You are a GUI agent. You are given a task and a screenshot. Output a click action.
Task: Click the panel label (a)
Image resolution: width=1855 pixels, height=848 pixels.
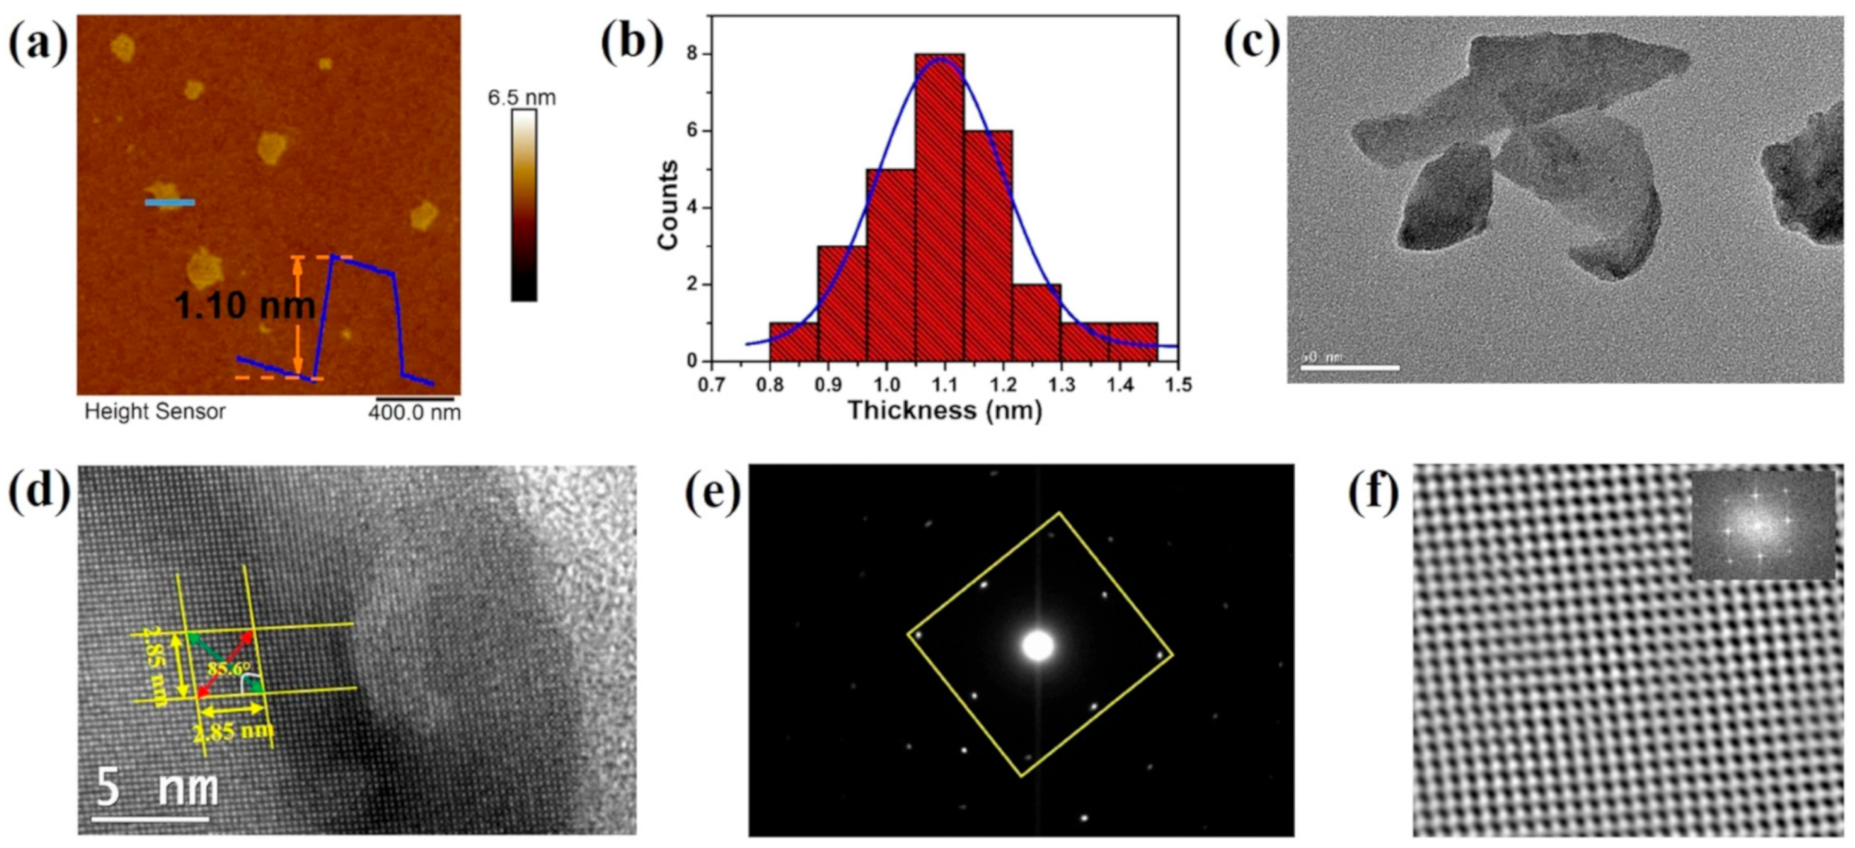point(38,43)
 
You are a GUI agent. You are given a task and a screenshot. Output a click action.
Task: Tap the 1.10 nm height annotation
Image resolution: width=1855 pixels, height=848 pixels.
point(244,305)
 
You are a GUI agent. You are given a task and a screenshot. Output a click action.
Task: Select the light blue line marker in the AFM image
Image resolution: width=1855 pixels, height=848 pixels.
point(170,201)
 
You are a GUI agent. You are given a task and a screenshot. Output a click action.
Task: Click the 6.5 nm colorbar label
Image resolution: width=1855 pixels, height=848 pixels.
point(521,97)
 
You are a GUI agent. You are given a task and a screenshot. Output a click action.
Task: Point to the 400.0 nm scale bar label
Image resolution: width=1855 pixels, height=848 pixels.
point(414,413)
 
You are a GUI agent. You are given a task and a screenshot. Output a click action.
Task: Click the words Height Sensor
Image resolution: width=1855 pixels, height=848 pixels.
point(155,412)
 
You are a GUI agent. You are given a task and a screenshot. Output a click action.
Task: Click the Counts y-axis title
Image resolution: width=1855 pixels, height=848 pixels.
point(668,205)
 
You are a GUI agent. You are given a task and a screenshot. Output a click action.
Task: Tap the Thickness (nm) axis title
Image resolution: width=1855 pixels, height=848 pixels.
point(944,411)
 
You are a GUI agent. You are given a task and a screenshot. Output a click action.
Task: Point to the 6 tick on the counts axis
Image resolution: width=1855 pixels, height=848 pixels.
point(692,131)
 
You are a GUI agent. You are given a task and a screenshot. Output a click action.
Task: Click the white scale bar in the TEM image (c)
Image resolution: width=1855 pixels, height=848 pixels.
point(1350,368)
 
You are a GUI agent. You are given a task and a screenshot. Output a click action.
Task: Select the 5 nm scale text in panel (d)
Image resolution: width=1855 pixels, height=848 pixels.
point(158,787)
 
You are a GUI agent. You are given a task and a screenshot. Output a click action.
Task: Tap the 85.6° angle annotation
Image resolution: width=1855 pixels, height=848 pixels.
point(228,669)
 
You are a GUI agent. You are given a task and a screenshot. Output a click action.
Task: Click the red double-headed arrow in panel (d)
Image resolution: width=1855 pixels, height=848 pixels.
point(224,662)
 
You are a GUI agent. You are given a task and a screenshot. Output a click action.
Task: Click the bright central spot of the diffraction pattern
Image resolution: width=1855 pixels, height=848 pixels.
point(1038,646)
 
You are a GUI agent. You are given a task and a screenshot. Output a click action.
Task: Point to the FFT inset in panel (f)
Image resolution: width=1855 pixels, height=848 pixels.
point(1761,526)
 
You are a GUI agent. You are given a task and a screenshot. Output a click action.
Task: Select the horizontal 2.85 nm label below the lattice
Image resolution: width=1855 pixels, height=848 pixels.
point(233,731)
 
